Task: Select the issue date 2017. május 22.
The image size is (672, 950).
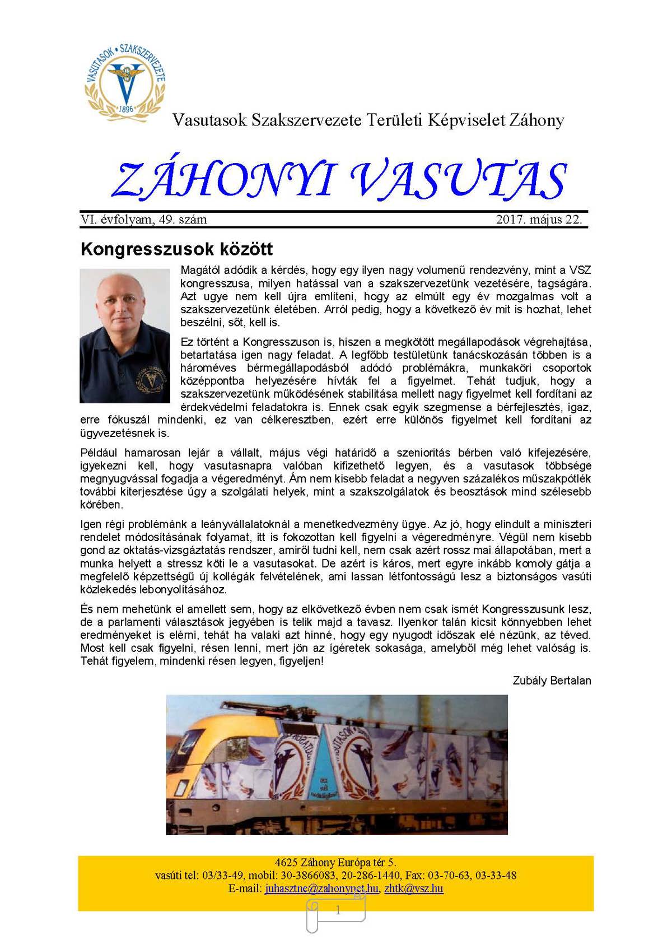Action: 539,220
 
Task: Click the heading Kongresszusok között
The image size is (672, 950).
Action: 176,249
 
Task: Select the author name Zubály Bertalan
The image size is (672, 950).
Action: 552,681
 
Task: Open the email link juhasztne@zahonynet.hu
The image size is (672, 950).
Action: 322,888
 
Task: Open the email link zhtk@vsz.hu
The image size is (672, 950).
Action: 414,888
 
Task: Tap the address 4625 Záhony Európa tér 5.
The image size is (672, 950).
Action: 335,863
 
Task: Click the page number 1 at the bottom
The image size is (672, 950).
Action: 338,911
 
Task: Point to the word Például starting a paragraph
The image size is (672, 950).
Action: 99,453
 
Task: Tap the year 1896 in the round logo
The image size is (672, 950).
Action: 127,109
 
